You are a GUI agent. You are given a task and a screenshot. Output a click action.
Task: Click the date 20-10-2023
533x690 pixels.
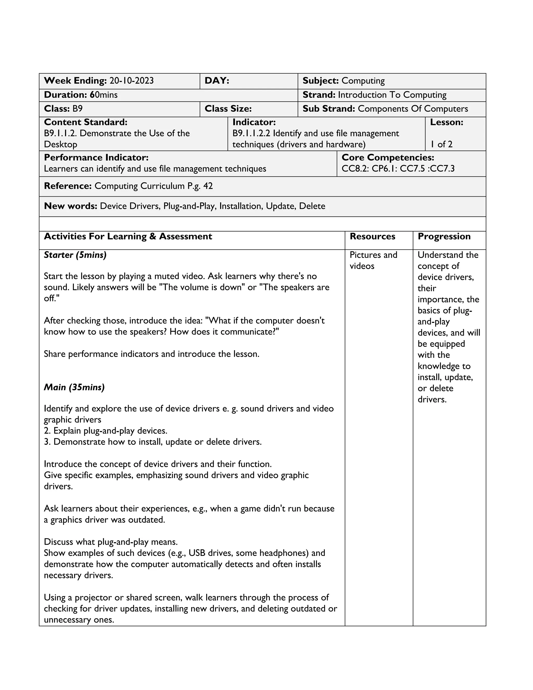(131, 81)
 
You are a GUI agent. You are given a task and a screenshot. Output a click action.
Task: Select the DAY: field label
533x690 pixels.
(217, 81)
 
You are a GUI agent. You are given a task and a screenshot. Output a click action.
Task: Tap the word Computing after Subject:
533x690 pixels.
(363, 81)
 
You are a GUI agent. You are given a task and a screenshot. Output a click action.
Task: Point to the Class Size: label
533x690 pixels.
(228, 109)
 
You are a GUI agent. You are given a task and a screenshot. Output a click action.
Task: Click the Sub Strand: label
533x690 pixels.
(329, 109)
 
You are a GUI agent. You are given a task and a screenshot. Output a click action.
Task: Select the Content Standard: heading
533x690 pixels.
(86, 122)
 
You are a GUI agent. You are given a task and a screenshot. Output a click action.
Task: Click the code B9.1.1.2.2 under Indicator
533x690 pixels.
(251, 134)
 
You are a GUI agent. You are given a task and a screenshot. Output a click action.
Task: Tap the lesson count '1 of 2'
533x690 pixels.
(441, 145)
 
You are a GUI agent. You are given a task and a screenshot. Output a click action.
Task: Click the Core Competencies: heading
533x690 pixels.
(388, 158)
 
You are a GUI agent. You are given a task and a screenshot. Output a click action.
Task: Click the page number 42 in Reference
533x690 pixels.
(208, 186)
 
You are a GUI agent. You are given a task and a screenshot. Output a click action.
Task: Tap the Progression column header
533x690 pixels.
(444, 237)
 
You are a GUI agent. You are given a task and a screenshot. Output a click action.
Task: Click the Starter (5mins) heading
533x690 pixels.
(75, 255)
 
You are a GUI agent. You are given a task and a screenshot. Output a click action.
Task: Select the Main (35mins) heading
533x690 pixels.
(74, 387)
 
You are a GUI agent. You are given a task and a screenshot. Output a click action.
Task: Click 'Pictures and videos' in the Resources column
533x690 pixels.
(373, 261)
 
